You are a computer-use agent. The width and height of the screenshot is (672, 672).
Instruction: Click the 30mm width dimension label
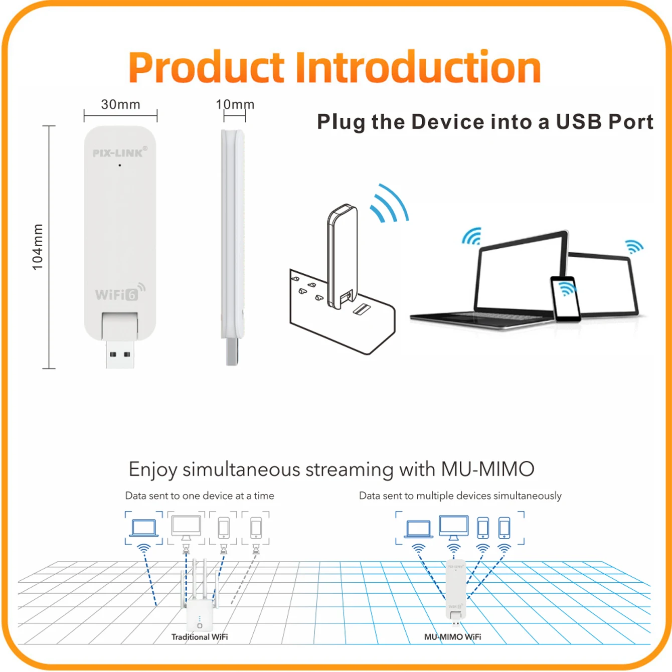point(120,104)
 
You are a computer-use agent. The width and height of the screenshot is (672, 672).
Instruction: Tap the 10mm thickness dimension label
point(235,104)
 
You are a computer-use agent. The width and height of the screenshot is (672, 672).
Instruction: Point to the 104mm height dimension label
point(37,247)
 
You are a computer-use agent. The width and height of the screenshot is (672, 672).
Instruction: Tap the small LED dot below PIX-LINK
point(120,165)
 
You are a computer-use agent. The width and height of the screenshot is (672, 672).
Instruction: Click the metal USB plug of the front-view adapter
point(120,354)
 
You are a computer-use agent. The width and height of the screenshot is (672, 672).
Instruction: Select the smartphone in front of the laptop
point(565,298)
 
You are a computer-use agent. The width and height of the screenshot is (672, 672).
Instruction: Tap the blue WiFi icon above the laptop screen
point(472,236)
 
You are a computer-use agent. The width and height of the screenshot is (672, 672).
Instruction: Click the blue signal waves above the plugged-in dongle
point(389,203)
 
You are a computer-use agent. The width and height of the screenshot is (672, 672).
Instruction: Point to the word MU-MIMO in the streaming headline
point(487,469)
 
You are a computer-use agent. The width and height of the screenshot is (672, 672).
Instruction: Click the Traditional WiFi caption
point(200,637)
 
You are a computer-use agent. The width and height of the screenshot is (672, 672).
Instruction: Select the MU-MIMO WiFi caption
point(453,637)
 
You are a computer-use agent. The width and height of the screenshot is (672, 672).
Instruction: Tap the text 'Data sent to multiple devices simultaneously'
point(460,495)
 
